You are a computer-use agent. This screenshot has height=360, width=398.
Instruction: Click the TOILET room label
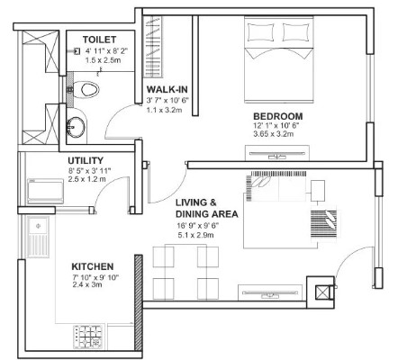pos(99,40)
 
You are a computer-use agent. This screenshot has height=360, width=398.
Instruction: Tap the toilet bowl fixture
pos(86,89)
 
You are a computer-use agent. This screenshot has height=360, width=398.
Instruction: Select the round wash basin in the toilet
pos(76,127)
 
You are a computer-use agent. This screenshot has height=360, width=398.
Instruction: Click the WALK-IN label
pos(167,89)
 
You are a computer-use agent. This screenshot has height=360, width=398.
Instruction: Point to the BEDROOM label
pos(278,116)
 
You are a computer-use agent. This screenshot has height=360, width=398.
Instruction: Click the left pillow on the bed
pos(260,32)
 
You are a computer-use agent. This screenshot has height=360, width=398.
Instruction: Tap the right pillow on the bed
pos(296,32)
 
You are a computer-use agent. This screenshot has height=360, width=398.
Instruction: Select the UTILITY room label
pos(86,160)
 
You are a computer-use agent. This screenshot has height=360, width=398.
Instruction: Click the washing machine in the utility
pos(45,191)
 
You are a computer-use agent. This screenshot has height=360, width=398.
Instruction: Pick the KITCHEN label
pos(93,266)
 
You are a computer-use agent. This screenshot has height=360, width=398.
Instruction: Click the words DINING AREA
pos(207,214)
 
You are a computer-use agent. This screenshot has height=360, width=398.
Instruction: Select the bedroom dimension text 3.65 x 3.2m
pos(274,134)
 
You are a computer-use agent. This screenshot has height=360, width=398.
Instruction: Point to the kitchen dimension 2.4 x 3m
pos(87,284)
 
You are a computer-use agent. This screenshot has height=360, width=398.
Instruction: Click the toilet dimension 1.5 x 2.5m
pos(103,60)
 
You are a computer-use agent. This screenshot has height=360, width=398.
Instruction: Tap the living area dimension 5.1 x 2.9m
pos(195,235)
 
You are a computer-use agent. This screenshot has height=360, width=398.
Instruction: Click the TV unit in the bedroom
pos(277,153)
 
